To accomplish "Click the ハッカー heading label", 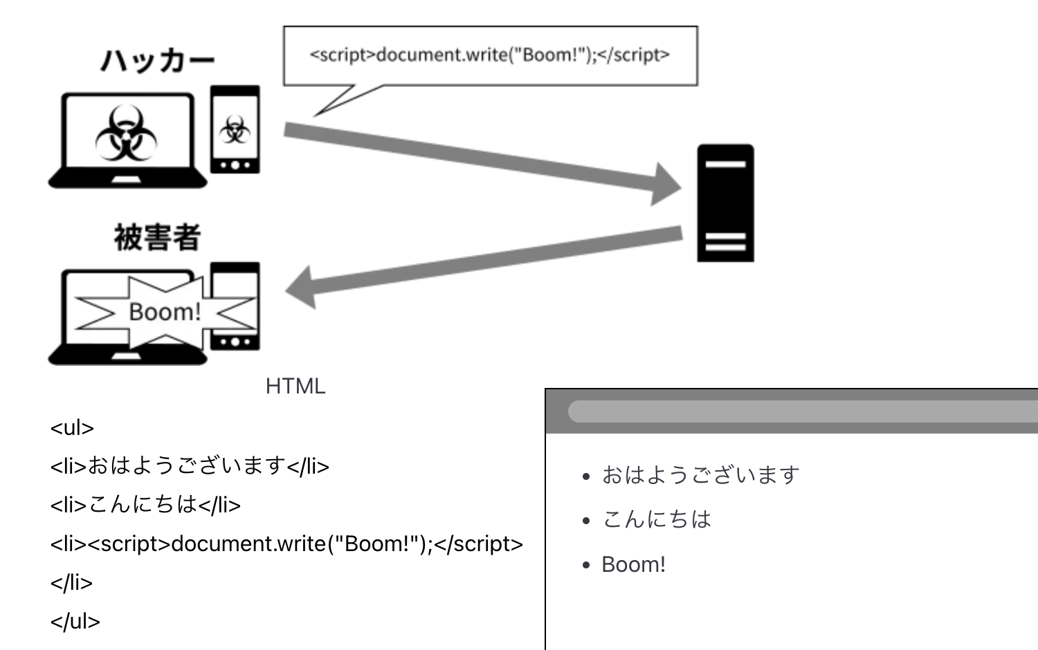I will [x=157, y=62].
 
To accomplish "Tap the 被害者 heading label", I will [x=157, y=238].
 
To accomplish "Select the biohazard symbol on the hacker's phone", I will [x=235, y=129].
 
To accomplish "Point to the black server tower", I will [x=725, y=203].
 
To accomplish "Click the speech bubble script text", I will [x=489, y=55].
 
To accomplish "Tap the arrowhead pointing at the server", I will [x=666, y=185].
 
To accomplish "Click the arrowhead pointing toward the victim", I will [x=302, y=288].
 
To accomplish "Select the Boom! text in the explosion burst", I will [x=165, y=312].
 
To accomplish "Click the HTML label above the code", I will [x=295, y=386].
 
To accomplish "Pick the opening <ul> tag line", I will [x=72, y=428].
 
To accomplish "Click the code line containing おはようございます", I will [x=190, y=466].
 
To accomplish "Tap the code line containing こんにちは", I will [x=145, y=505].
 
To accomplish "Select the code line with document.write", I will [x=286, y=544].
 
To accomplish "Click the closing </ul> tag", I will [x=75, y=621].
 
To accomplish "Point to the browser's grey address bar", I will [x=803, y=411].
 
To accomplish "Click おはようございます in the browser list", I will [x=700, y=475].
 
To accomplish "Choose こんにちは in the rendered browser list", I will [x=657, y=519].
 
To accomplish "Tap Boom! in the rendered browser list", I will [x=633, y=564].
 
